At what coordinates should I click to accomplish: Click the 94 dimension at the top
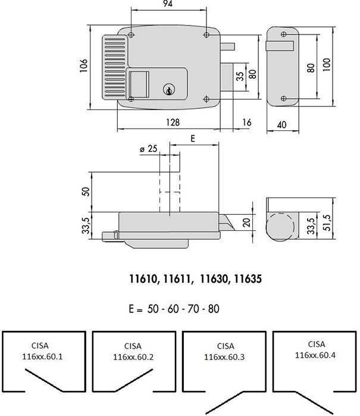(168, 4)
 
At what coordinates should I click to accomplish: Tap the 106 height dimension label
(83, 65)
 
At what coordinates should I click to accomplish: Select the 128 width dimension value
(173, 123)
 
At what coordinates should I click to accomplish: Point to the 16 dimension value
(247, 123)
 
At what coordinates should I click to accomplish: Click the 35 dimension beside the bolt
(240, 76)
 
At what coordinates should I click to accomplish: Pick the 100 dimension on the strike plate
(327, 64)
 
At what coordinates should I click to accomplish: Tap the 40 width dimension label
(281, 125)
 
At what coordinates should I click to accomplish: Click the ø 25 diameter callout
(149, 149)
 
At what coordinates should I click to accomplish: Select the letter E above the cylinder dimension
(193, 138)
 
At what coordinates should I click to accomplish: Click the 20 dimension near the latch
(246, 223)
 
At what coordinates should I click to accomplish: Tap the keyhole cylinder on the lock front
(169, 90)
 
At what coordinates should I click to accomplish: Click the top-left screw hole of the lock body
(131, 35)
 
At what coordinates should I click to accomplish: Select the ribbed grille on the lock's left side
(115, 67)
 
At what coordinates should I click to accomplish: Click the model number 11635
(248, 279)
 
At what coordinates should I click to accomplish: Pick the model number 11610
(143, 279)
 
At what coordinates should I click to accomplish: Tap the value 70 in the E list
(193, 309)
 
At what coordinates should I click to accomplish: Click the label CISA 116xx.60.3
(224, 352)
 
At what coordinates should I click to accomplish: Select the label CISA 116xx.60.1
(42, 351)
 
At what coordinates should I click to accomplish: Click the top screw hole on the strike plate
(284, 35)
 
